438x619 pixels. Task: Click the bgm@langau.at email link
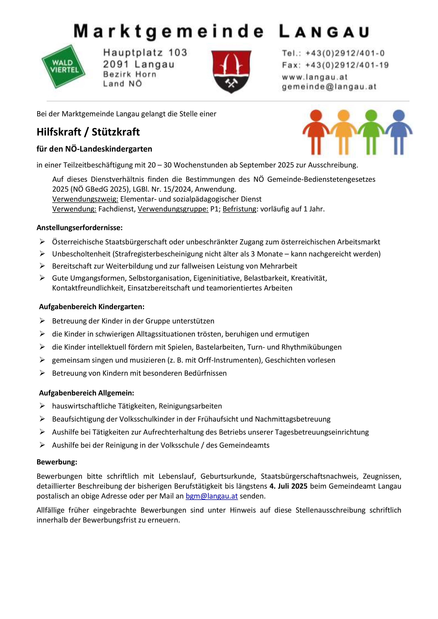212,496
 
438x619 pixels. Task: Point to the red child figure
316,132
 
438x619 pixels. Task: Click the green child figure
371,132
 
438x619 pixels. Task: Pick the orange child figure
343,132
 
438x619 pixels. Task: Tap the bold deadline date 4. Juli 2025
288,486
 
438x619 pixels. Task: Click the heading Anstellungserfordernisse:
80,228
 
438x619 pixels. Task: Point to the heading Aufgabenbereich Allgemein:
87,393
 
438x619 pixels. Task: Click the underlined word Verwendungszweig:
85,199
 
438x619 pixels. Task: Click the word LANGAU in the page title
324,32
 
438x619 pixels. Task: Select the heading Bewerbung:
57,462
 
